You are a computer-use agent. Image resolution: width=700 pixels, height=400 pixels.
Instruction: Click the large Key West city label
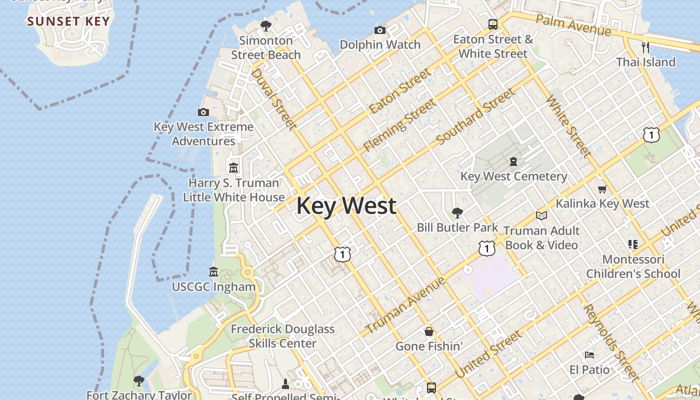click(346, 206)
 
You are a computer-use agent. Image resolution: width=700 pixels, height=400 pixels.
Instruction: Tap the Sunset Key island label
click(68, 21)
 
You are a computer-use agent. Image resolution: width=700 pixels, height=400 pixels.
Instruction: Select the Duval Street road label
click(273, 98)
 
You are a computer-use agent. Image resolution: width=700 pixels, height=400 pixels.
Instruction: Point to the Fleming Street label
click(399, 125)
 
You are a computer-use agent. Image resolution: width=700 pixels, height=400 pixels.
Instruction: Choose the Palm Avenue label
click(573, 25)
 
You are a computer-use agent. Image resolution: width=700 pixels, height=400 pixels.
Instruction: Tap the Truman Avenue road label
click(405, 305)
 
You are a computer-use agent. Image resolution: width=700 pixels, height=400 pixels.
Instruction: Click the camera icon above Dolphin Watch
click(380, 30)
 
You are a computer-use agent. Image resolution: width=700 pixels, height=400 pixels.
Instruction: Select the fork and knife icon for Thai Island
click(645, 47)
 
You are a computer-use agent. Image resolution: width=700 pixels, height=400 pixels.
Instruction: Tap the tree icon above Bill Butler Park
click(457, 213)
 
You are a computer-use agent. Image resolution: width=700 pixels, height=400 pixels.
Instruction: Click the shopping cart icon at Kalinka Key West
click(602, 189)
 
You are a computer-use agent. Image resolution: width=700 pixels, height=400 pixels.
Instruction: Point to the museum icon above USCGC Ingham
click(213, 272)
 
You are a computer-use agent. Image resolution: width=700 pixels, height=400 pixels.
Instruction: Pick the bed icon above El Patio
click(589, 355)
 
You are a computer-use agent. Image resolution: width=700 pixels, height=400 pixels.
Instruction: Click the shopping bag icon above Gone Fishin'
click(428, 331)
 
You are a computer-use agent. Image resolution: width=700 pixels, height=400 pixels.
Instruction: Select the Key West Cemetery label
click(513, 176)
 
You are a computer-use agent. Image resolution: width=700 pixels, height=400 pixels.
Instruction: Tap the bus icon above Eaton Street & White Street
click(493, 24)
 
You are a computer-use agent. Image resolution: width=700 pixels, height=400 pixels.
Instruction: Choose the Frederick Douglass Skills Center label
click(282, 336)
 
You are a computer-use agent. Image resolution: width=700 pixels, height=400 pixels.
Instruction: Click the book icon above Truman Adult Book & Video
click(541, 216)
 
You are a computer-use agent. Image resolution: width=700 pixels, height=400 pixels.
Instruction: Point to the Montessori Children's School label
click(633, 266)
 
